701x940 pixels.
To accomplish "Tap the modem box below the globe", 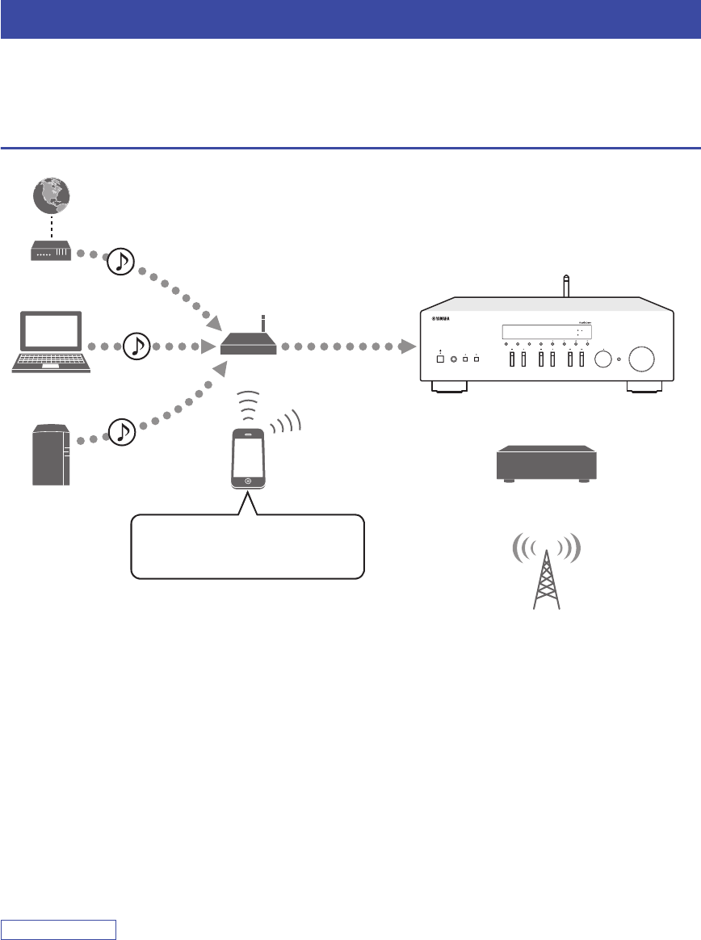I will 49,252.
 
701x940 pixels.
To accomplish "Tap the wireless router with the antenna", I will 249,346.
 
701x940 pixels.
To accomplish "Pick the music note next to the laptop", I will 137,346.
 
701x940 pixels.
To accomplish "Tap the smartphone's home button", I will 249,481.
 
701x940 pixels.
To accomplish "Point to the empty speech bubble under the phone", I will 247,548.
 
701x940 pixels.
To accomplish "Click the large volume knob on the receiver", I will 643,359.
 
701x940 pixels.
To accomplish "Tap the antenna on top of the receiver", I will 565,285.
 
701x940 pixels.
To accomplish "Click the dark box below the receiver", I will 546,464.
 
